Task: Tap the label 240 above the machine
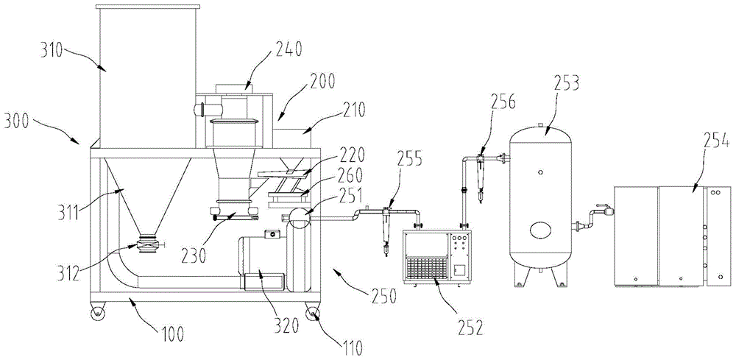pos(288,48)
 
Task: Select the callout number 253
pos(565,85)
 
